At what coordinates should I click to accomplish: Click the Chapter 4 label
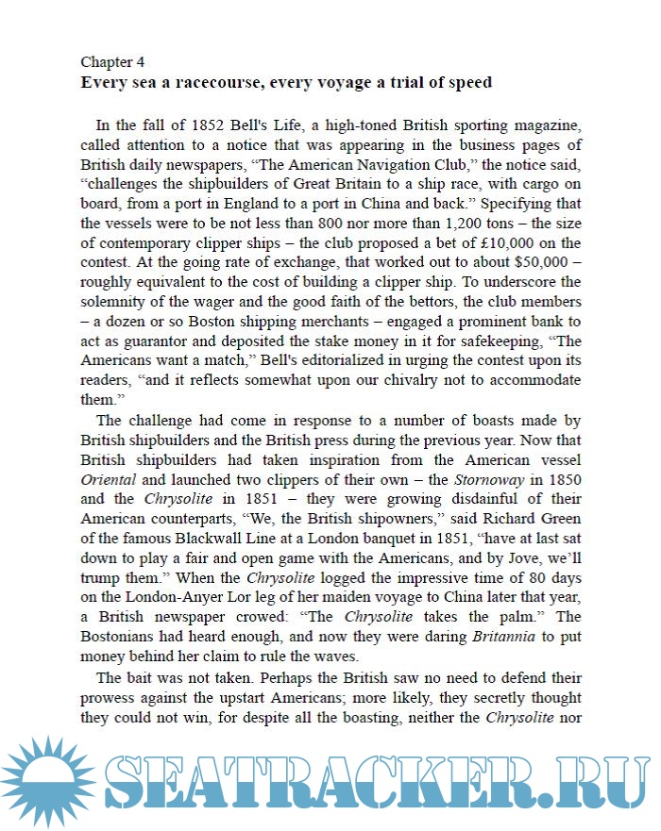(x=112, y=62)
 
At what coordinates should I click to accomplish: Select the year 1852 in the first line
(x=212, y=125)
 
